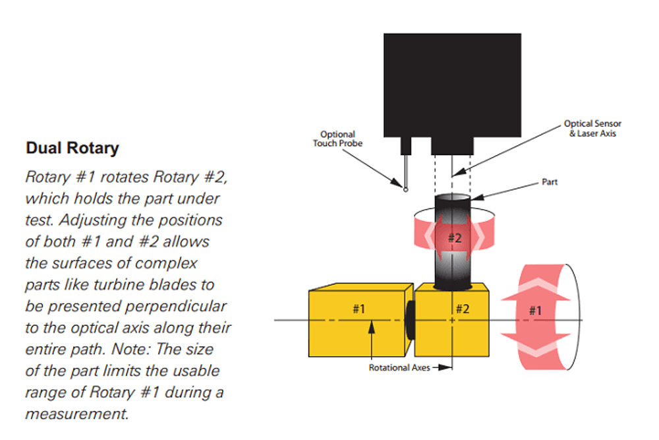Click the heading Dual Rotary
point(72,148)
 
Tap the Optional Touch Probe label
point(337,139)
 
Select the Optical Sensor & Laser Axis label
point(592,128)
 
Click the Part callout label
point(549,181)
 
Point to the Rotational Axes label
point(399,367)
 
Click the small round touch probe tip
point(406,189)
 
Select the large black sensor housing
point(452,82)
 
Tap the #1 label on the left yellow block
point(359,307)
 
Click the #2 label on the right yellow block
point(463,307)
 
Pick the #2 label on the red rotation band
point(455,238)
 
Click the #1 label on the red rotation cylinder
point(536,309)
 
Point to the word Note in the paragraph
point(125,349)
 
